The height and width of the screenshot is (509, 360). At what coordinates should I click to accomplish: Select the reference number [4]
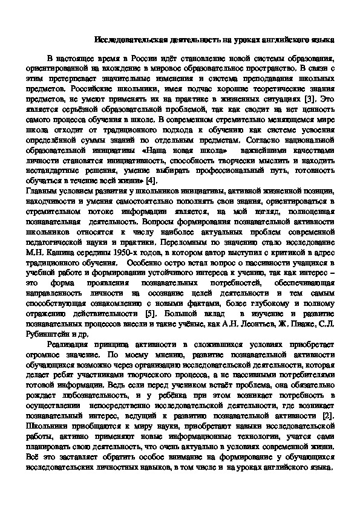pos(151,180)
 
